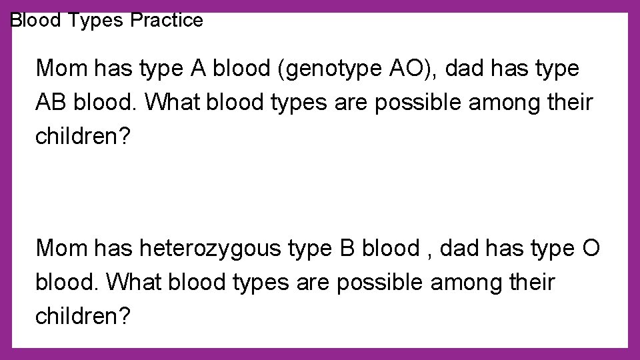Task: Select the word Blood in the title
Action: [37, 21]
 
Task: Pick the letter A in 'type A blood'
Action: [198, 69]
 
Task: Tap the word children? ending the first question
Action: [83, 137]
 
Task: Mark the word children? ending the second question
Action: [83, 317]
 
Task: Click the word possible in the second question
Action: [379, 283]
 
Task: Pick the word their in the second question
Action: [527, 283]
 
